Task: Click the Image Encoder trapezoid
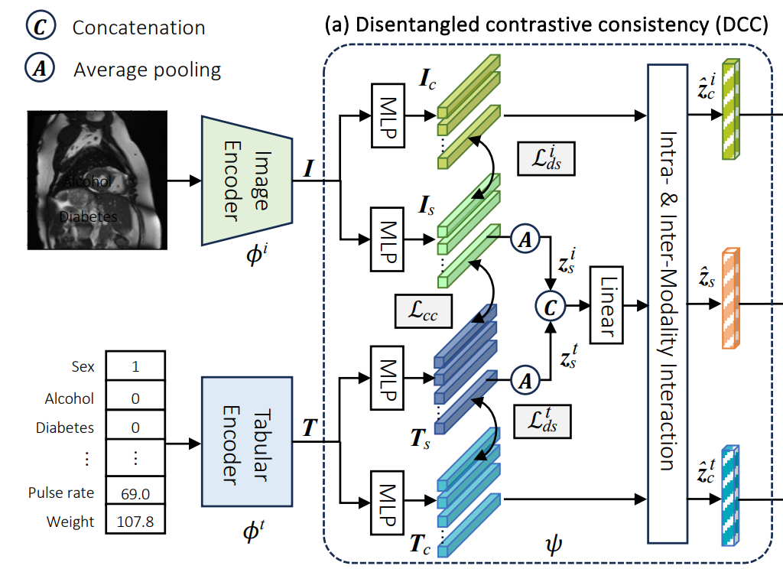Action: coord(248,180)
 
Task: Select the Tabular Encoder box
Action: coord(246,441)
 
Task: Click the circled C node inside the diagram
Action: coord(550,304)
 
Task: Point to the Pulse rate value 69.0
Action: coord(135,493)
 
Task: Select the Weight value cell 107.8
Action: coord(135,522)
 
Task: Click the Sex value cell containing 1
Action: coord(135,366)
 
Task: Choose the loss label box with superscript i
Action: coord(545,159)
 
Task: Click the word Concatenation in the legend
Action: coord(138,28)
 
